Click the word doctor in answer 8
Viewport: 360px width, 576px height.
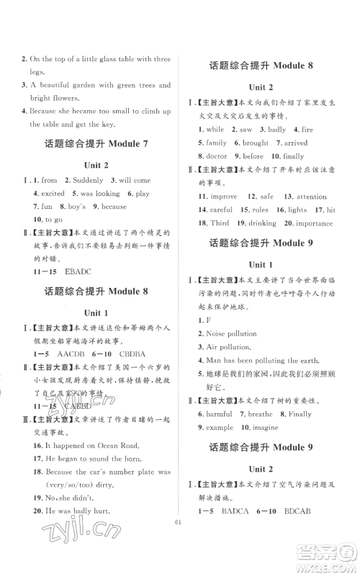point(217,156)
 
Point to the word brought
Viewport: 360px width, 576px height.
point(255,143)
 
